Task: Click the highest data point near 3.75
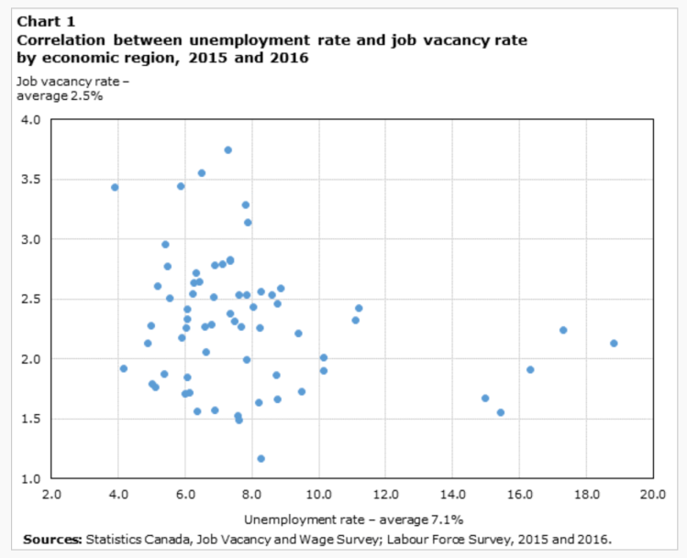(227, 150)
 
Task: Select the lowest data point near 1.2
(260, 458)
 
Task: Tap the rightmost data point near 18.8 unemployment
(614, 344)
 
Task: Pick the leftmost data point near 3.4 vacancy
(115, 188)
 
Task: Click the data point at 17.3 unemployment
(563, 330)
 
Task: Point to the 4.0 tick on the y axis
(31, 119)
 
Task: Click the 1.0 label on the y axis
(31, 479)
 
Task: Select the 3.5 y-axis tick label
(31, 180)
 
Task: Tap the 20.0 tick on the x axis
(652, 495)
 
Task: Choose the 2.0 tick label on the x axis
(51, 495)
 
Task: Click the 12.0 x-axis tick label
(385, 495)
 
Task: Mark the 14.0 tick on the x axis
(452, 495)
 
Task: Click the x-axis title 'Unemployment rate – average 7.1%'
(353, 519)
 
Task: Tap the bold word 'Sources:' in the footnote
(52, 539)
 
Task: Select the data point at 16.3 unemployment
(530, 369)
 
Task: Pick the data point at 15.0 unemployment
(485, 399)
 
